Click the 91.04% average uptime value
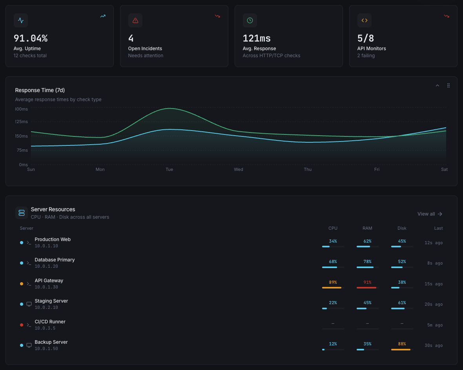[x=31, y=38]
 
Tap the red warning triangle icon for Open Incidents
[x=135, y=20]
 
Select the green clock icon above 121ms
[x=250, y=20]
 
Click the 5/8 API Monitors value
[x=366, y=38]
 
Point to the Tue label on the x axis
[x=169, y=169]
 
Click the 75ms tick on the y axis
[x=22, y=150]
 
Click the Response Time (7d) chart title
[x=40, y=90]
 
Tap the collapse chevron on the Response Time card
[x=437, y=85]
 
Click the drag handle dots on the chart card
[x=448, y=85]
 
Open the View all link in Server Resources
[x=430, y=214]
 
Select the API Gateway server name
[x=49, y=281]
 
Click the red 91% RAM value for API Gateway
[x=367, y=282]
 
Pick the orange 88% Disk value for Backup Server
[x=402, y=344]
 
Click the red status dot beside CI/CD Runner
[x=22, y=325]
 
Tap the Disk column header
[x=402, y=228]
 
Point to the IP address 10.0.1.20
[x=46, y=266]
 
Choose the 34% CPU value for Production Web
[x=333, y=241]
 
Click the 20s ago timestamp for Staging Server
[x=434, y=304]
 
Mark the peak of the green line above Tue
[x=170, y=108]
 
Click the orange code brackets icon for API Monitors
[x=365, y=20]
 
